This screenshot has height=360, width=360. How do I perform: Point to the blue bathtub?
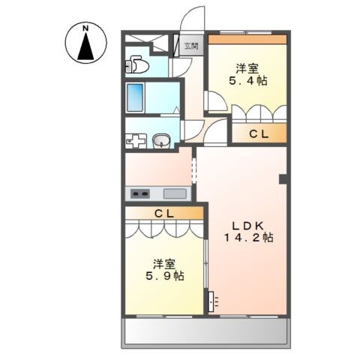point(136,97)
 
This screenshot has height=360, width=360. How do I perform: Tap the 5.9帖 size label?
point(166,276)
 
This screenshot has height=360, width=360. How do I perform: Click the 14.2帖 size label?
point(247,237)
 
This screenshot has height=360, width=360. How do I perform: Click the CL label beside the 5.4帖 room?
point(259,134)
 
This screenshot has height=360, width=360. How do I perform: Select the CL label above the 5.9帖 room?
point(164,213)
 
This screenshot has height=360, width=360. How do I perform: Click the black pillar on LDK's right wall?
point(283,178)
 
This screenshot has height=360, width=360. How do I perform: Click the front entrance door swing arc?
point(193,19)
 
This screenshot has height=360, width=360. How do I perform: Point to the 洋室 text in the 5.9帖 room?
point(165,263)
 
